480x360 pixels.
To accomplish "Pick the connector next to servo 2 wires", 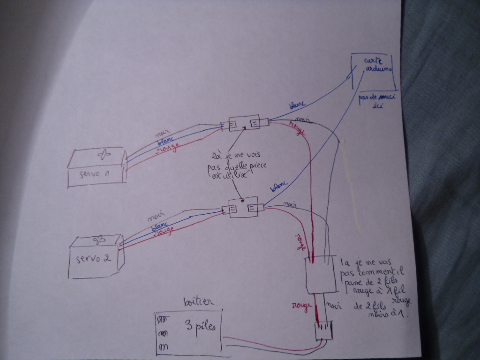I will (243, 207).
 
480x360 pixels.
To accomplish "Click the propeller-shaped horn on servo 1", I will (104, 154).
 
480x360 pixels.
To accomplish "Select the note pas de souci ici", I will (377, 101).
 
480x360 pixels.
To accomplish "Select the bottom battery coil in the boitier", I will (164, 347).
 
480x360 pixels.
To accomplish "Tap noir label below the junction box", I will (334, 306).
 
